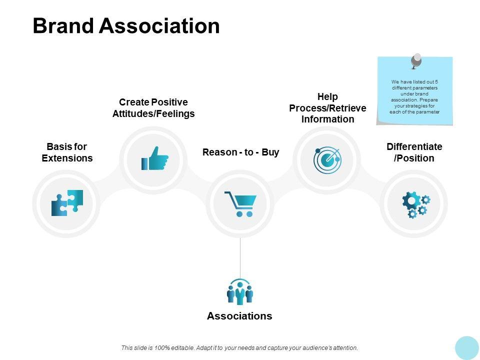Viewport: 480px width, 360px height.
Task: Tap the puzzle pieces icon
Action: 67,203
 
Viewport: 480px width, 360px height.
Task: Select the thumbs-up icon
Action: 155,158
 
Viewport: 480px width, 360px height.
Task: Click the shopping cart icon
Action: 240,203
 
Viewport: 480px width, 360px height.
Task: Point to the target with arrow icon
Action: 327,160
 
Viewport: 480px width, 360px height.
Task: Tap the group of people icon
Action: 240,292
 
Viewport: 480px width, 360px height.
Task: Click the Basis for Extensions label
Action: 67,152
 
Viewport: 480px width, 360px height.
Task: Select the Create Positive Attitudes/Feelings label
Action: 153,108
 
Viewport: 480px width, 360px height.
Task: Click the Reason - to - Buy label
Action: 240,152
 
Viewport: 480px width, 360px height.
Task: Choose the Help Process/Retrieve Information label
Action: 327,108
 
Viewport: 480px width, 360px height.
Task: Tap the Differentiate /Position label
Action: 414,152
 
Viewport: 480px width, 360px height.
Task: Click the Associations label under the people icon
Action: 239,316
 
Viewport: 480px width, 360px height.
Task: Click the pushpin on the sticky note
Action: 416,61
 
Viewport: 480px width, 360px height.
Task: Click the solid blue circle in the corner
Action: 467,347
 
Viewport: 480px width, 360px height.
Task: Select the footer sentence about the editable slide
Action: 239,347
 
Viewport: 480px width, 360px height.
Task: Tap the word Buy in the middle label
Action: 270,152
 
